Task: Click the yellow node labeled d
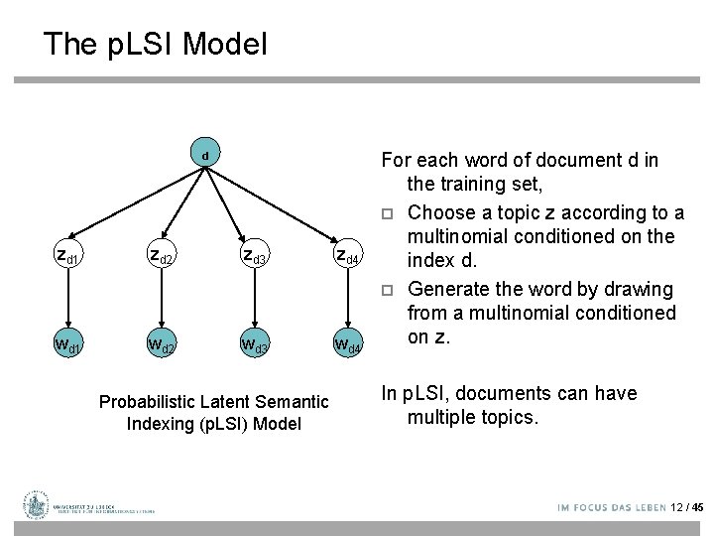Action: pos(204,156)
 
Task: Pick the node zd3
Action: pos(255,257)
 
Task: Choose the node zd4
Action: pos(348,257)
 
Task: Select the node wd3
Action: pos(255,346)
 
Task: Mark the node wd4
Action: pos(348,346)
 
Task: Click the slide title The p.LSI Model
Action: pos(155,44)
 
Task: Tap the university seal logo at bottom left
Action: pos(37,505)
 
